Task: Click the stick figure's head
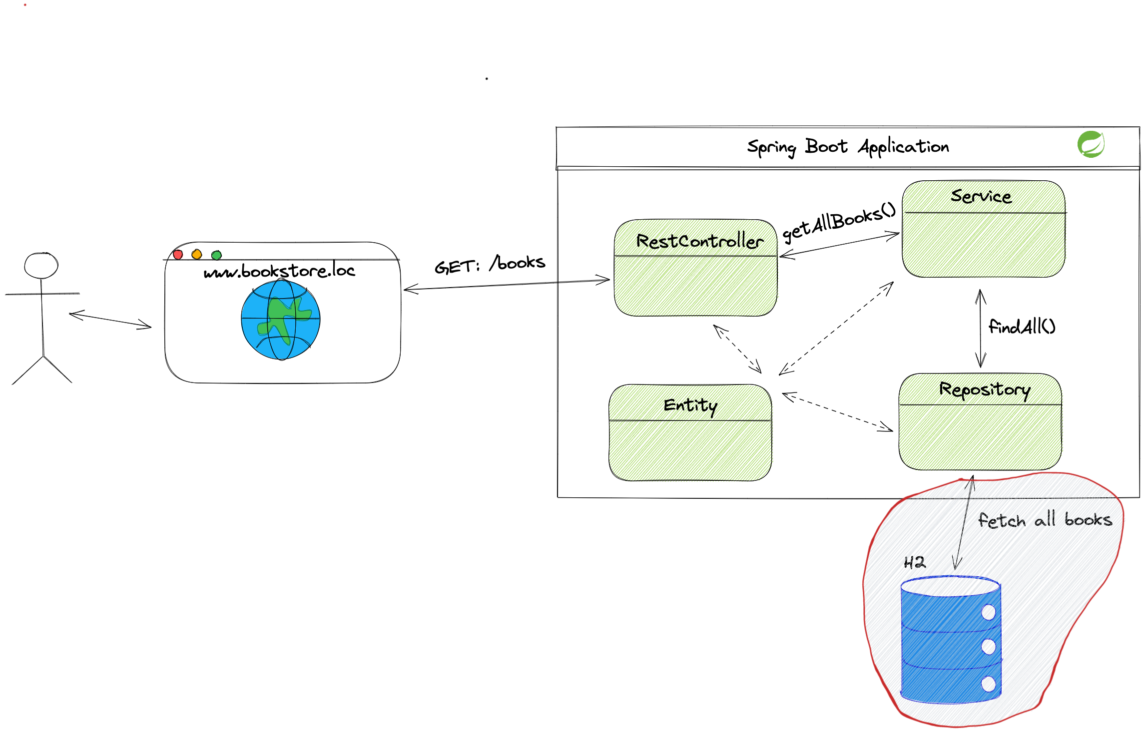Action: click(x=41, y=266)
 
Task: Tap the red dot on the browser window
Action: click(x=178, y=255)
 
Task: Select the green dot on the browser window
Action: click(x=216, y=255)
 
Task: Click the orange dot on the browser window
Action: click(x=197, y=255)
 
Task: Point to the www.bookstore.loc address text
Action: click(x=279, y=271)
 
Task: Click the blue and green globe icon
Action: click(x=281, y=320)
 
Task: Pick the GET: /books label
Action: click(x=489, y=264)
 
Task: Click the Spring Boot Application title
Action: click(x=848, y=147)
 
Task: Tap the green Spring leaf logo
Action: click(x=1091, y=144)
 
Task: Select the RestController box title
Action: click(x=699, y=241)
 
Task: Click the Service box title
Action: click(x=981, y=196)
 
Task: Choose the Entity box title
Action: click(x=690, y=405)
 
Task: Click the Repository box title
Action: click(x=984, y=389)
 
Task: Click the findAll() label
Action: click(x=1022, y=327)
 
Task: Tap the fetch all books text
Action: click(x=1045, y=520)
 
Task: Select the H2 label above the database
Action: click(x=914, y=563)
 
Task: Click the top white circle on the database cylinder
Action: click(x=988, y=612)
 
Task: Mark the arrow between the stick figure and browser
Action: click(x=110, y=321)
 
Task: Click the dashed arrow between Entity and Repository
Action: click(x=837, y=412)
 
